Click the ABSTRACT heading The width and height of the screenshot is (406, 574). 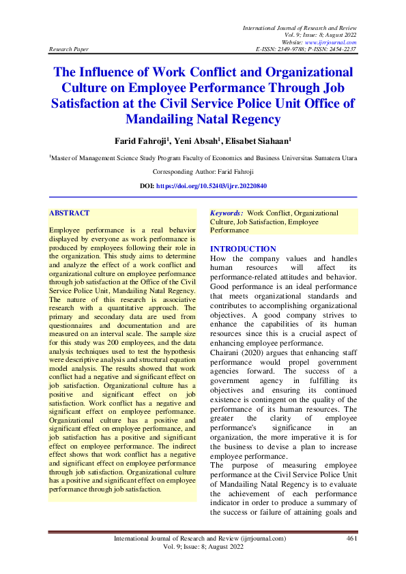pyautogui.click(x=70, y=213)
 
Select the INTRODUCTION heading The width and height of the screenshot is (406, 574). pyautogui.click(x=243, y=249)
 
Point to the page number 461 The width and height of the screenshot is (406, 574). pyautogui.click(x=352, y=539)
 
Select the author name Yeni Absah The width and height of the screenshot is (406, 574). pyautogui.click(x=195, y=142)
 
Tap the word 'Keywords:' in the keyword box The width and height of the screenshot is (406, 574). pyautogui.click(x=227, y=213)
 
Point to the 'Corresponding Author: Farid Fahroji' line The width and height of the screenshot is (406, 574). pyautogui.click(x=202, y=172)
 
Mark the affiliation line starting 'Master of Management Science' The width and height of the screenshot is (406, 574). pyautogui.click(x=203, y=158)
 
